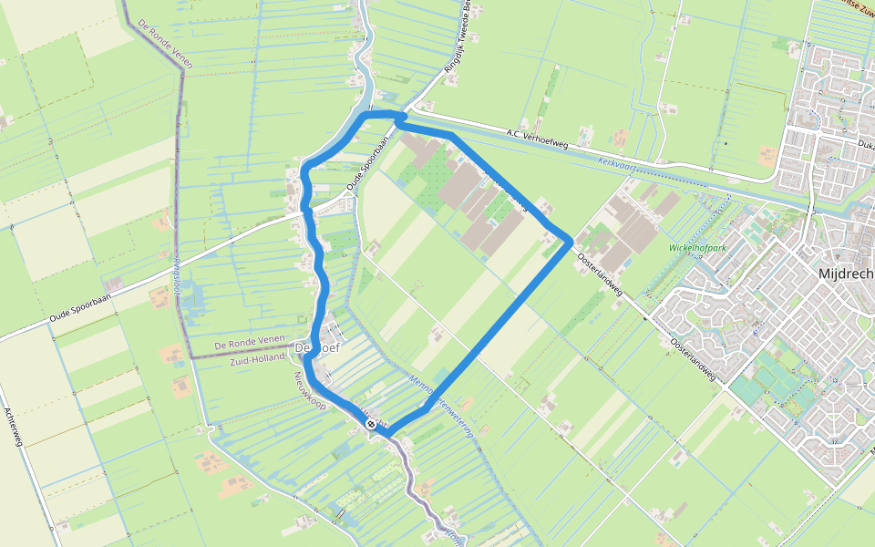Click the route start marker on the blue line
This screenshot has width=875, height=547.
371,424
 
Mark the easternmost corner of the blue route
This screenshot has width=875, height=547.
571,240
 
